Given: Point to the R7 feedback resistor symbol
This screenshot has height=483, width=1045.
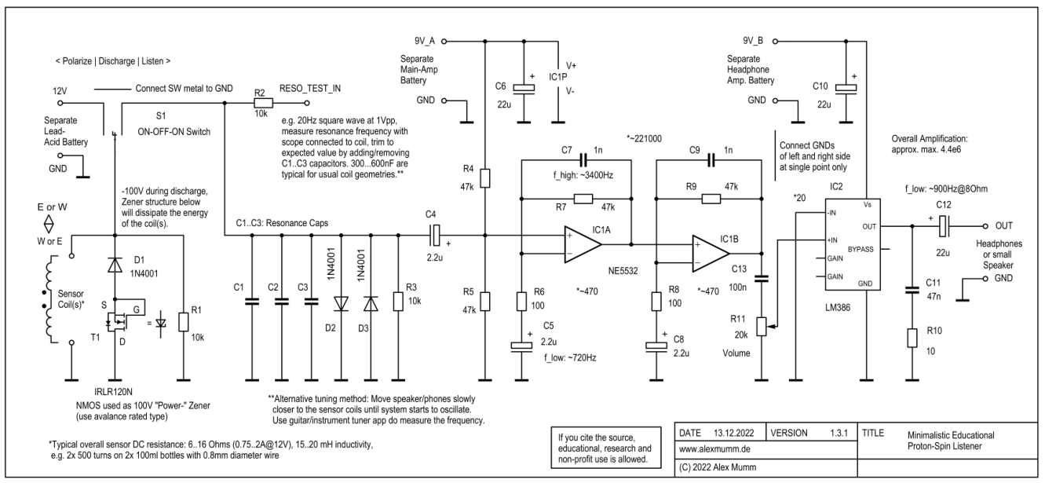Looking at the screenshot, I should (582, 199).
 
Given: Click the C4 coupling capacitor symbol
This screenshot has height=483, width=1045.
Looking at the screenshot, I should (434, 233).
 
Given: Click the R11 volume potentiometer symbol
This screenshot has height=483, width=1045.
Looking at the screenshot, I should (760, 325).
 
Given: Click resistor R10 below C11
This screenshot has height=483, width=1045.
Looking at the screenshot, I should (912, 338).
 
